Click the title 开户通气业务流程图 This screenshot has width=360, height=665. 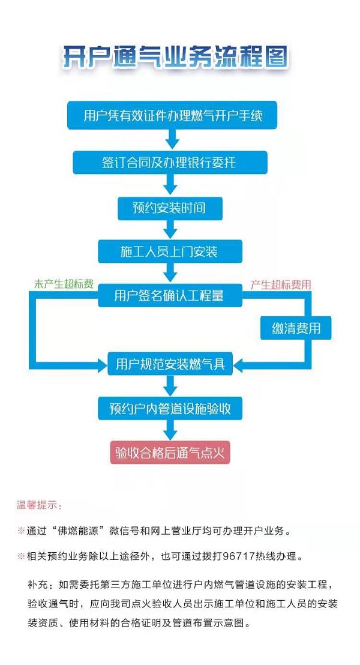click(176, 59)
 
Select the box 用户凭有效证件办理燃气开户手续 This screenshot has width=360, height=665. click(172, 116)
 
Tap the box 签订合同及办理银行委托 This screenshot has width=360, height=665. click(169, 163)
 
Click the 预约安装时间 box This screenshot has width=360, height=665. click(170, 208)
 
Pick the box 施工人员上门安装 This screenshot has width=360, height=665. click(170, 251)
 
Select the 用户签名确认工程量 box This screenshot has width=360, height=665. click(169, 296)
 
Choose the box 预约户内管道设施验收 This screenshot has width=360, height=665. click(170, 409)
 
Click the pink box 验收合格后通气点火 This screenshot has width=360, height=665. click(170, 453)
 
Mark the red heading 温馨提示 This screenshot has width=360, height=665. click(39, 505)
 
